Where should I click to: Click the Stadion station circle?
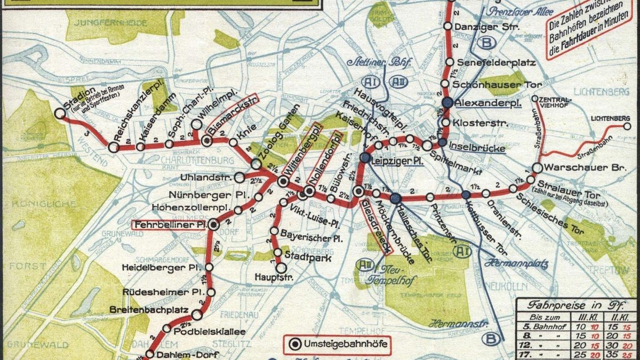[x=59, y=113]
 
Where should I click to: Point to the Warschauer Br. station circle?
[x=537, y=168]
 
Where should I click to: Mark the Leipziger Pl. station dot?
[x=365, y=158]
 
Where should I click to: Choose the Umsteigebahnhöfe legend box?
[x=335, y=345]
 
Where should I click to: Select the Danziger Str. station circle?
[x=448, y=26]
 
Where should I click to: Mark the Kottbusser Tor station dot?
[x=466, y=195]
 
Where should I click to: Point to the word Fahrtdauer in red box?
[x=586, y=46]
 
